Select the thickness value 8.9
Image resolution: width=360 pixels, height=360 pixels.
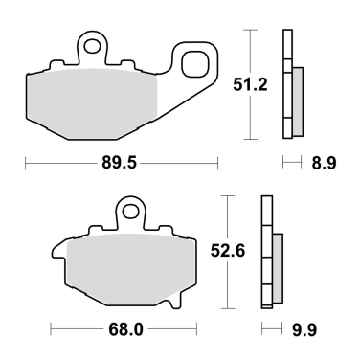coord(324,164)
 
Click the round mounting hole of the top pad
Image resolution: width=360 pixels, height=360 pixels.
coord(91,44)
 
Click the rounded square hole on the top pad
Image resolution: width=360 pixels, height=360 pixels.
coord(196,64)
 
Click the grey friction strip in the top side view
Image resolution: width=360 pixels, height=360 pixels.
coord(297,101)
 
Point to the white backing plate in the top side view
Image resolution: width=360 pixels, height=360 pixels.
coord(286,86)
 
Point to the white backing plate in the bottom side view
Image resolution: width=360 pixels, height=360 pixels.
coord(266,254)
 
